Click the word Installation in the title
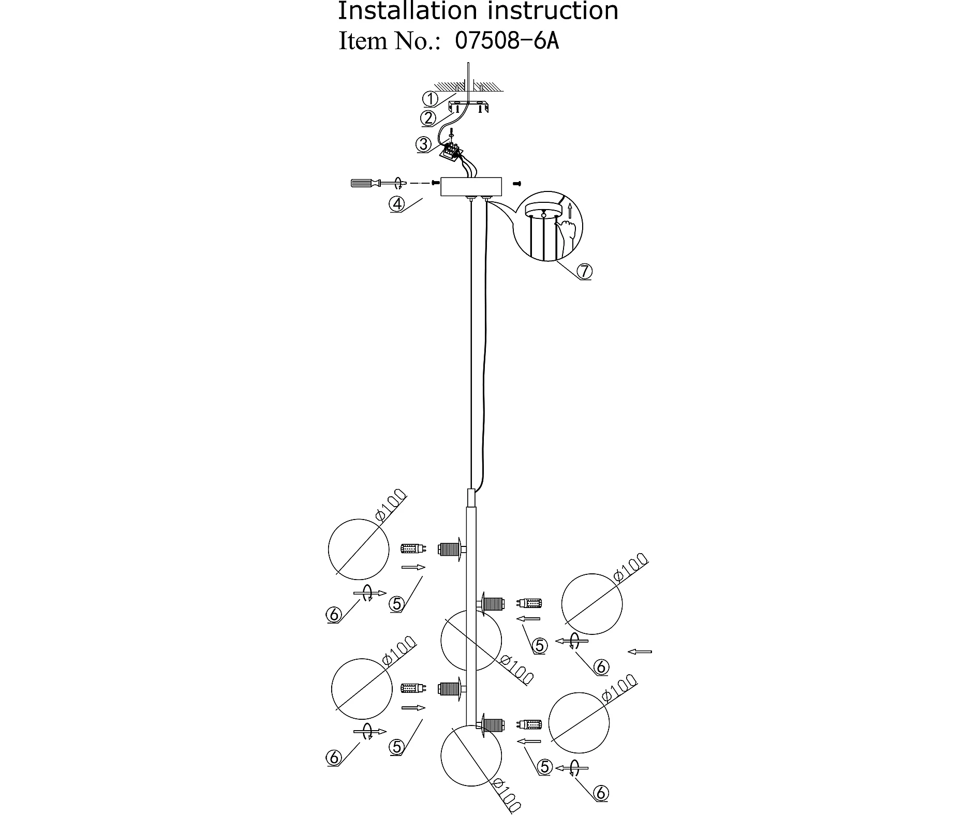pos(407,11)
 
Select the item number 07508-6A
pos(507,41)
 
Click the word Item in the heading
pos(363,41)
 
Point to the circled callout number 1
pos(430,98)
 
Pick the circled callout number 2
pos(428,118)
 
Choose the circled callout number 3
pos(424,144)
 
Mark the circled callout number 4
pos(397,204)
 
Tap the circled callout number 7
pos(584,271)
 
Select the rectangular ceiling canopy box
pos(471,187)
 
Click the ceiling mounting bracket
pos(468,107)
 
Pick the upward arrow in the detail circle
pos(569,211)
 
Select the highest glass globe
pos(359,549)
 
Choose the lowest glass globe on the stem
pos(471,756)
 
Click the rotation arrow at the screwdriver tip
pos(398,183)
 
